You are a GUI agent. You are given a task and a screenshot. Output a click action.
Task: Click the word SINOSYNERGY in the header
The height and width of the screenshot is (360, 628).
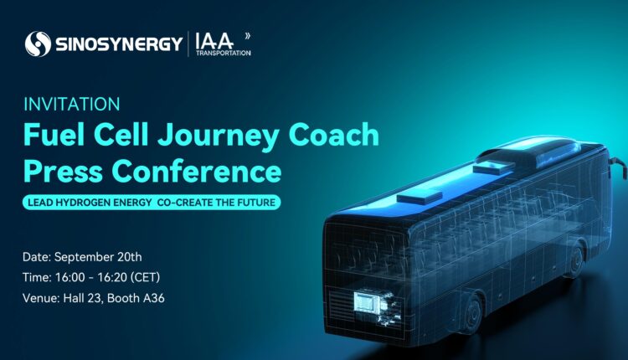point(117,44)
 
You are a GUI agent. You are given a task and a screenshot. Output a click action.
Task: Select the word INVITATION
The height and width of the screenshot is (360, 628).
point(72,105)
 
